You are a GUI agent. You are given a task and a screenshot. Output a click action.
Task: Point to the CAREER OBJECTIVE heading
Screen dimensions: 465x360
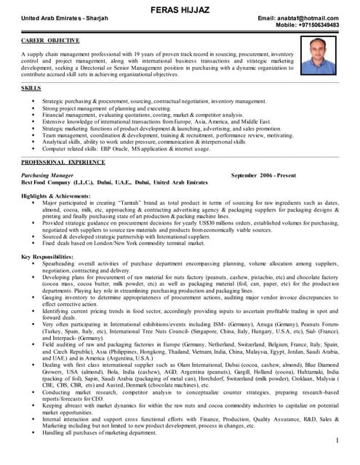pos(50,42)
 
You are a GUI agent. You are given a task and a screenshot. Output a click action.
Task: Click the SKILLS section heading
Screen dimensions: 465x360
pos(31,87)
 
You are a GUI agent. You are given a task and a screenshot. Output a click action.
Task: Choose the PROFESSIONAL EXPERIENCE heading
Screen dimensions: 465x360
pos(63,162)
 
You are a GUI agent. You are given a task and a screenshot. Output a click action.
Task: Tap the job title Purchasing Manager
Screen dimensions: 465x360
pos(47,176)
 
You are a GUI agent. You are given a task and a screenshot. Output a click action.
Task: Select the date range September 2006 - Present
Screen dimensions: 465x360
pos(263,176)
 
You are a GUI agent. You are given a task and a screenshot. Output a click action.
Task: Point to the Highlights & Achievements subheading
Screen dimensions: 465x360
pos(56,196)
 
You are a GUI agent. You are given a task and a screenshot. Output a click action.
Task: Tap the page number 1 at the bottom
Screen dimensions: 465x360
pos(338,441)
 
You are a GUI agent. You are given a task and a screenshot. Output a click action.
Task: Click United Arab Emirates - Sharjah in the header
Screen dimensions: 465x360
pos(64,17)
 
